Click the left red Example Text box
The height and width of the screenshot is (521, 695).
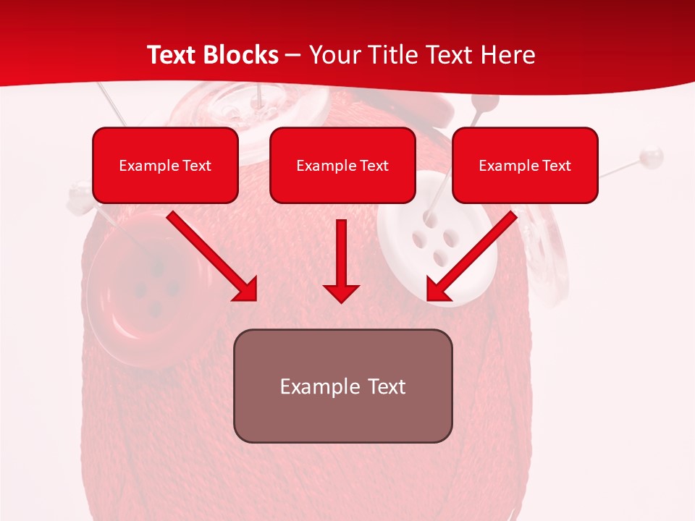165,165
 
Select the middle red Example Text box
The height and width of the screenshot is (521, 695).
342,165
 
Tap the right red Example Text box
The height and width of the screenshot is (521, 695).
525,165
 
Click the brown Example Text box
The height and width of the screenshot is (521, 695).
342,386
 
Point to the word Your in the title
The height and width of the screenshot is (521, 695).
332,55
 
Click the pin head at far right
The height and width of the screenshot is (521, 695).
654,154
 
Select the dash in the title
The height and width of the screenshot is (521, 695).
292,55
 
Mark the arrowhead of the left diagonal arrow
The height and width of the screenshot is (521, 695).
247,290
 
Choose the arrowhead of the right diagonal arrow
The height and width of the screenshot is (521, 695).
437,290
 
